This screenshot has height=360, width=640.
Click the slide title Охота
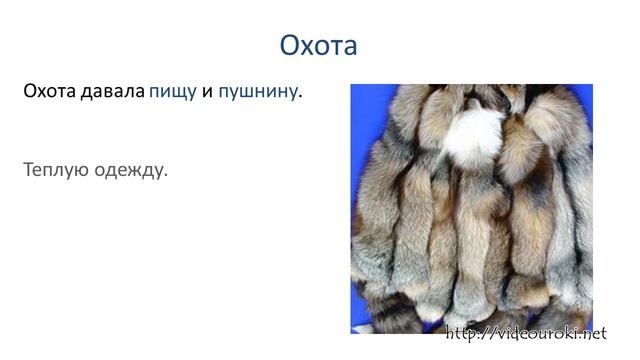319,45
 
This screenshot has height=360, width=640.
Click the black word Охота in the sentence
50,92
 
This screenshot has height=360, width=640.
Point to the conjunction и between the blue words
207,93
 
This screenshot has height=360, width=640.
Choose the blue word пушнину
257,93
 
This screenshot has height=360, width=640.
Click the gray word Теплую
54,170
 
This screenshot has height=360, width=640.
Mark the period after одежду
165,175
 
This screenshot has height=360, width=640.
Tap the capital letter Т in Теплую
29,170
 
